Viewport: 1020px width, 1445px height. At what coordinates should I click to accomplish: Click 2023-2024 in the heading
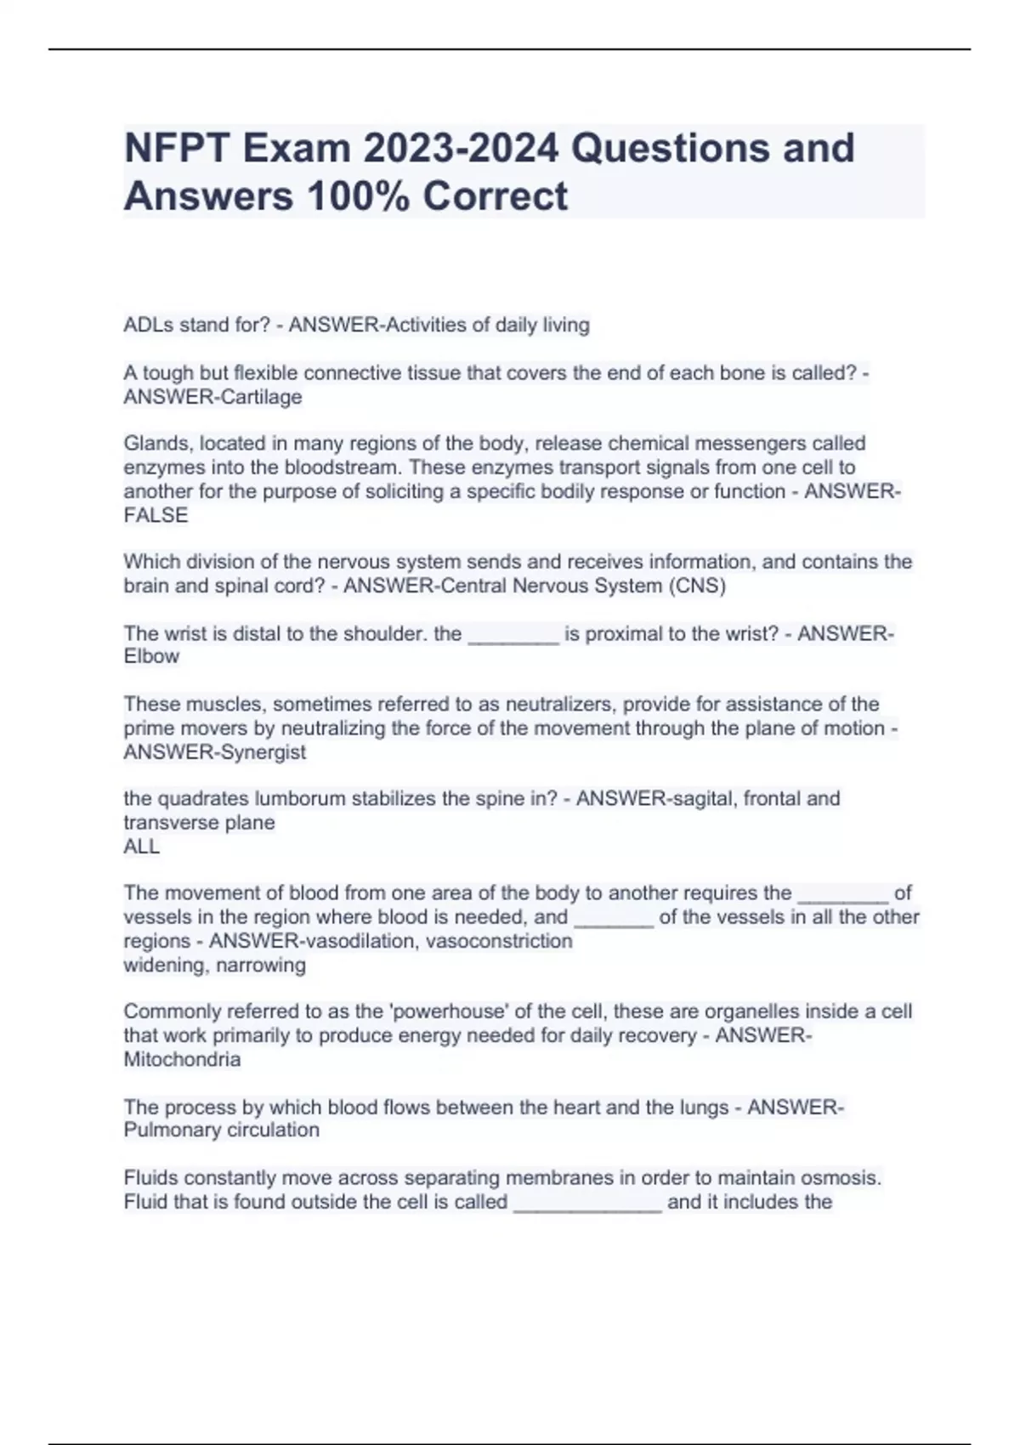click(462, 148)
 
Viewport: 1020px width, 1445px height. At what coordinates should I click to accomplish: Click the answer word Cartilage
click(261, 397)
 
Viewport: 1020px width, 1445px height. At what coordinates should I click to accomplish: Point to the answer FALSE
click(156, 515)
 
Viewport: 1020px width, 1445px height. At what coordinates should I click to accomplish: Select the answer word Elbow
click(151, 656)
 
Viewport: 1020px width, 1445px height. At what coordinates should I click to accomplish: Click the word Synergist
click(261, 751)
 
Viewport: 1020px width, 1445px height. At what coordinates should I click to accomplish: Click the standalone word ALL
click(141, 846)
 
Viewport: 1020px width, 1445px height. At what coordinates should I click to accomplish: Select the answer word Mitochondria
click(182, 1059)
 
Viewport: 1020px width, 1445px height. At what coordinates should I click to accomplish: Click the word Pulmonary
click(172, 1130)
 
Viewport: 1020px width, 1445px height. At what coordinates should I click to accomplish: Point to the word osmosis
click(836, 1177)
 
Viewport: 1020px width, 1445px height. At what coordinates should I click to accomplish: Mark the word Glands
click(157, 444)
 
